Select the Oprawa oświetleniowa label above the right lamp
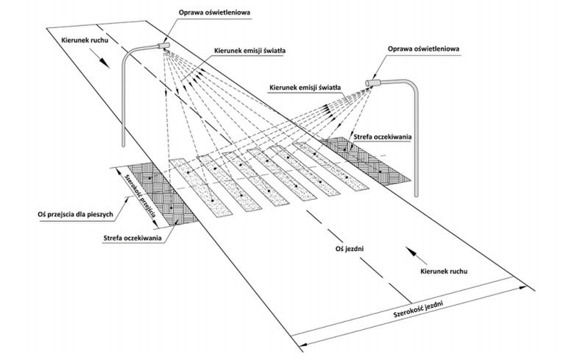[424, 49]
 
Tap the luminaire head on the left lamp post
[163, 46]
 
